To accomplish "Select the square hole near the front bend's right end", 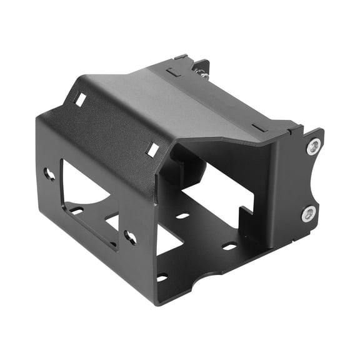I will pos(152,149).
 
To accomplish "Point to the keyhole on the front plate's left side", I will pos(49,174).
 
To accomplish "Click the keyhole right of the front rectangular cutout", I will pos(131,237).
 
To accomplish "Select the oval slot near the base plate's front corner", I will pos(162,277).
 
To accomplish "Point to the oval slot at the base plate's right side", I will pos(229,246).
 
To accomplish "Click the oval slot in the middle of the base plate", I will pos(182,216).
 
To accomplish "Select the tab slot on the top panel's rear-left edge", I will pos(174,71).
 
